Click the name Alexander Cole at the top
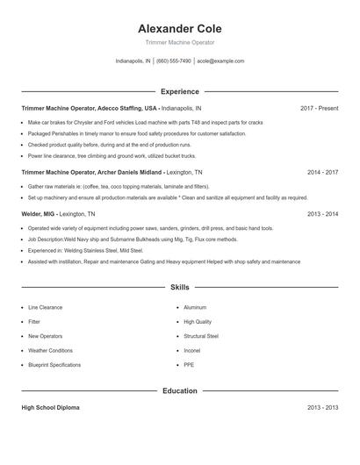(179, 28)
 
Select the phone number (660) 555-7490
(174, 61)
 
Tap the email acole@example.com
(220, 61)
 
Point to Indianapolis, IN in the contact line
(133, 61)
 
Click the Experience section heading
(179, 91)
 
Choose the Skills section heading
(179, 287)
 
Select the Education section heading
(179, 390)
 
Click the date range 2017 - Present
(319, 108)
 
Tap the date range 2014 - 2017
(322, 173)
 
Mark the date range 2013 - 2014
(322, 213)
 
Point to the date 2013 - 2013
(322, 408)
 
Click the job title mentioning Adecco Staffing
(90, 108)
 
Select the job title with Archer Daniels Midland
(92, 173)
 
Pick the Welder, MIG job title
(40, 213)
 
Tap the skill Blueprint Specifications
(54, 364)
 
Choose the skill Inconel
(192, 350)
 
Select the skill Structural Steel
(201, 336)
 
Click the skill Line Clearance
(46, 308)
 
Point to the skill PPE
(189, 364)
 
